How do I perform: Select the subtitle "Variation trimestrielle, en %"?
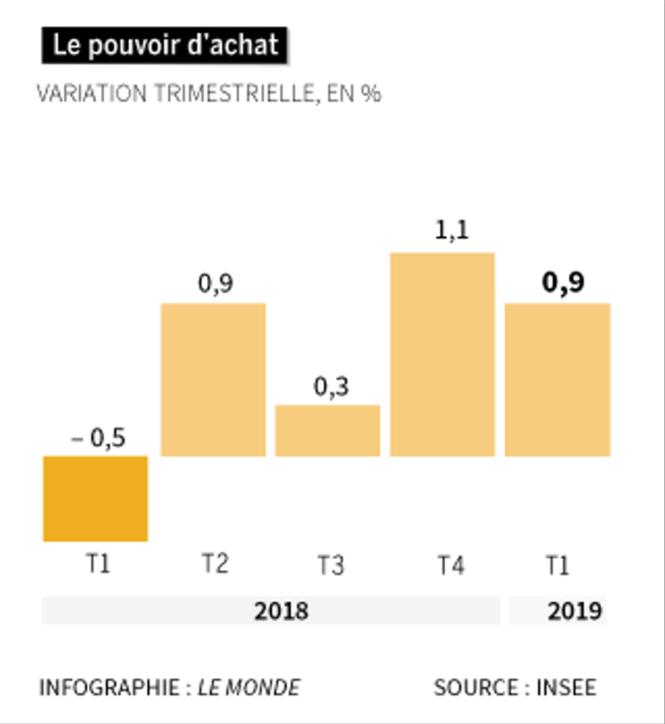point(209,94)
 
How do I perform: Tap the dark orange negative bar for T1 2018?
point(95,498)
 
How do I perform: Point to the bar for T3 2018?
point(327,430)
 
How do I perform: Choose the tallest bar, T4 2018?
point(442,354)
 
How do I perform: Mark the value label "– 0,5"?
point(97,439)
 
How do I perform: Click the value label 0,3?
point(330,388)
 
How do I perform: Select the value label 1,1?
point(443,234)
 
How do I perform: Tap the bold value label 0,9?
point(563,283)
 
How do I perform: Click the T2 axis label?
point(216,565)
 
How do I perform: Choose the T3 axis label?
point(330,567)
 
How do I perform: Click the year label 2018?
point(281,612)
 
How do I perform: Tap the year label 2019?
point(575,612)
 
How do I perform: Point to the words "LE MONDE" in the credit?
point(249,688)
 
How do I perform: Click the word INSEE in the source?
point(566,688)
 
